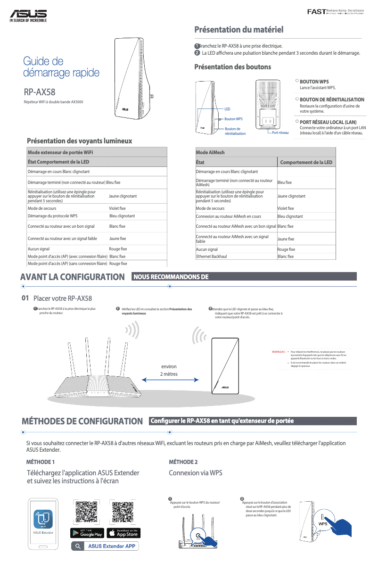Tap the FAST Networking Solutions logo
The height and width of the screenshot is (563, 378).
pos(335,11)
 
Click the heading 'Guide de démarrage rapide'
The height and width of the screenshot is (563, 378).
pos(61,67)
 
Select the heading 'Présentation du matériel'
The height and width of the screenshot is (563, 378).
pos(239,30)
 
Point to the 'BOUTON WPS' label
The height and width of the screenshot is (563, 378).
pos(314,82)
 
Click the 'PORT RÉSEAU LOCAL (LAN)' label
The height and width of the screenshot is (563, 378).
pos(328,122)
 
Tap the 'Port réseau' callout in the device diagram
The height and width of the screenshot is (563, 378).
pos(280,133)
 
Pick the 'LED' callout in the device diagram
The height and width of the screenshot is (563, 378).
pos(227,108)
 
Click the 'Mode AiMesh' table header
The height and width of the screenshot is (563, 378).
pos(210,152)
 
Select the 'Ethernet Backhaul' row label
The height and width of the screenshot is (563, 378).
pos(212,257)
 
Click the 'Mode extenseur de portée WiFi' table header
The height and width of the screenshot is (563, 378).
pos(60,152)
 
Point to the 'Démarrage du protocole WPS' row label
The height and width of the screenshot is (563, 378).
pos(52,216)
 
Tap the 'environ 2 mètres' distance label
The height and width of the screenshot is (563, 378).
pos(169,370)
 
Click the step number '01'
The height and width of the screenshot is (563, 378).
pos(26,298)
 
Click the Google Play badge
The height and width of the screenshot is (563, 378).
pos(87,533)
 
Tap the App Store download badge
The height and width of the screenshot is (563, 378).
pos(123,533)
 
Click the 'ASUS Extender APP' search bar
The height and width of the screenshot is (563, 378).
pos(105,546)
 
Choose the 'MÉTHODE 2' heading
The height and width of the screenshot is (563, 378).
pos(183,462)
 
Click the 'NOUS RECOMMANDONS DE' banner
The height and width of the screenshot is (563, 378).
pos(171,277)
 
